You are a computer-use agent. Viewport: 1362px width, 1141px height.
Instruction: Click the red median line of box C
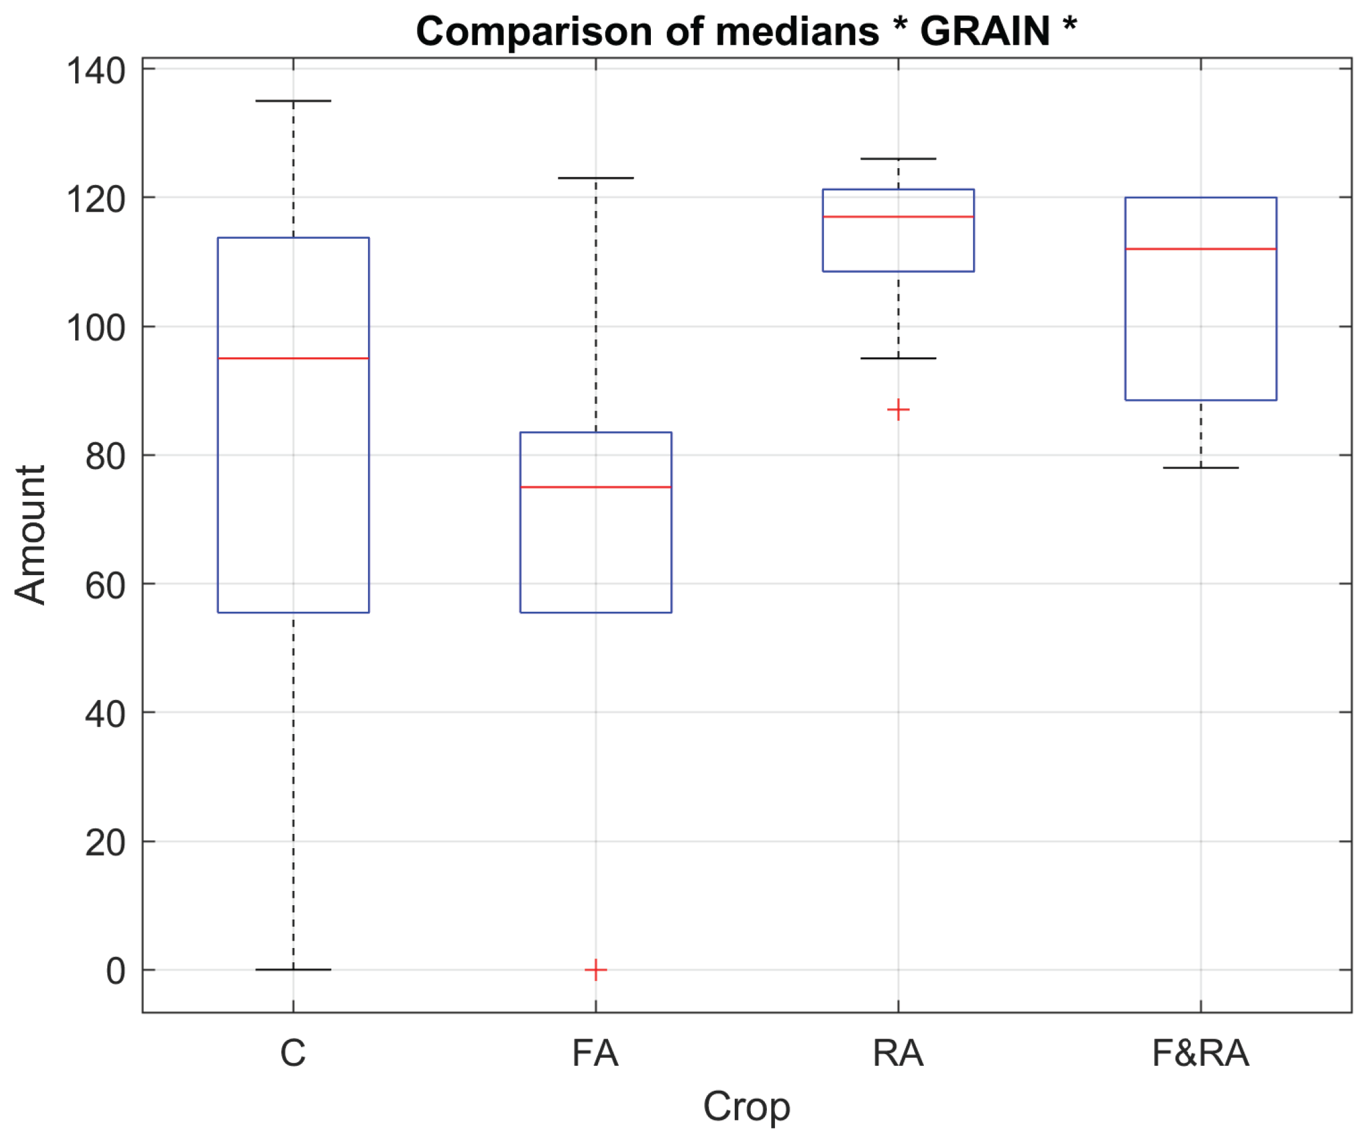293,358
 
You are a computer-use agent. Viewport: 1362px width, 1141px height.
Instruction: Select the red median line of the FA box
596,487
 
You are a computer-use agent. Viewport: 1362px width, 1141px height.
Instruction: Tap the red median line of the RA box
898,217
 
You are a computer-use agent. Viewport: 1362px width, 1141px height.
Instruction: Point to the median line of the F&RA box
1201,249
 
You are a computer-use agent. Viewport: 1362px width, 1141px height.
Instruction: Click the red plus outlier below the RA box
898,410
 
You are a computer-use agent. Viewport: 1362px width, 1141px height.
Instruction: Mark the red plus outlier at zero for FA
596,970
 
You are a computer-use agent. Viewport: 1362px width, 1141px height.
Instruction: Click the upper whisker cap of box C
293,101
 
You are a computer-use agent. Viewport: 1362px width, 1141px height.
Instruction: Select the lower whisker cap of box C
293,970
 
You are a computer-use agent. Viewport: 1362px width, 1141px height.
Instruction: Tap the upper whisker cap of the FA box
596,177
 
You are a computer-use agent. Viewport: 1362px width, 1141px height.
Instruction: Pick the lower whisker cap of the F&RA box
1201,468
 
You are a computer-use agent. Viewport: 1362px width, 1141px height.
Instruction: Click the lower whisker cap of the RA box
898,358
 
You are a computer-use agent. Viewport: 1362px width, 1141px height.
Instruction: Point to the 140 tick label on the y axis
96,71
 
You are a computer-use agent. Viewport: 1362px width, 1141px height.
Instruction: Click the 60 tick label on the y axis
105,586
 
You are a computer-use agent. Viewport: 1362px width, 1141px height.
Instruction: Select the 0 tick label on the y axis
115,972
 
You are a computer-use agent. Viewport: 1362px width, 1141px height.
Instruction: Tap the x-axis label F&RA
1201,1054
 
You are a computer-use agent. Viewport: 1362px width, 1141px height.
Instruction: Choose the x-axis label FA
596,1054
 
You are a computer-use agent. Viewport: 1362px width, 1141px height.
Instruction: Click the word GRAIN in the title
985,30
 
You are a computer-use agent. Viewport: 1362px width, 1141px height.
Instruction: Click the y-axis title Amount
30,535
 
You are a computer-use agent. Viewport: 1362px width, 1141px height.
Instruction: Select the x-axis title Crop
746,1107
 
